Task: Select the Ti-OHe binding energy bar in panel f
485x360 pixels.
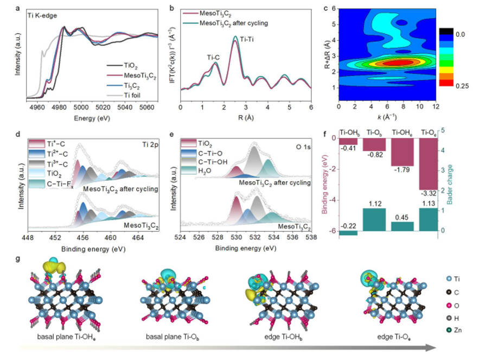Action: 402,151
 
